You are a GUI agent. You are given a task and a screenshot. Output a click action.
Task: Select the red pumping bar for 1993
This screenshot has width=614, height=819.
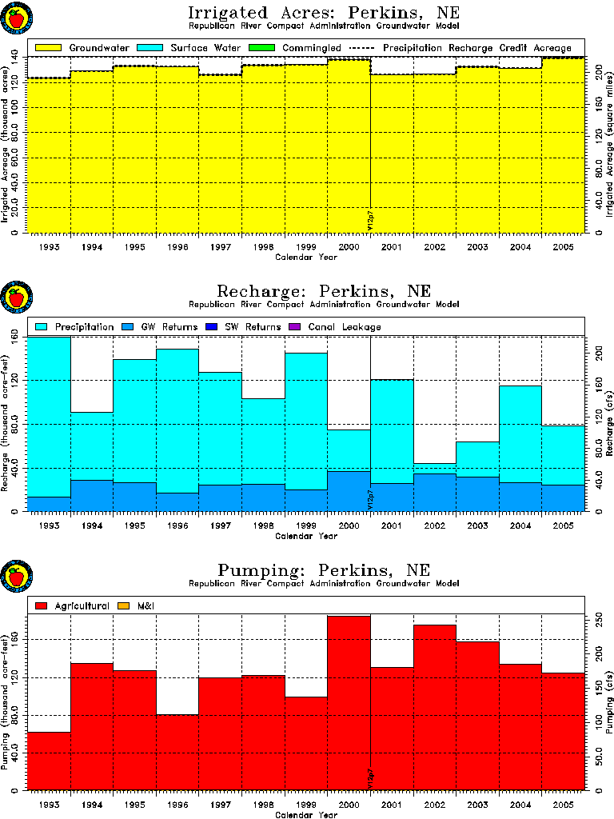coord(49,760)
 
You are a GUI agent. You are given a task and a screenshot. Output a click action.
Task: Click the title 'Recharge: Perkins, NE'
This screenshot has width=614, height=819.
coord(323,290)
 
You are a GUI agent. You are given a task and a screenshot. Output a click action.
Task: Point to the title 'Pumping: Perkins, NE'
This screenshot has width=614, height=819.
coord(323,570)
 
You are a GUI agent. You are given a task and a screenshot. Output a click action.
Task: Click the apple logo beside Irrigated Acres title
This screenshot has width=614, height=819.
coord(16,18)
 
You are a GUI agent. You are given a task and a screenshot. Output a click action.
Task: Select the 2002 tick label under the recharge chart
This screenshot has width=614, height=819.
coord(434,527)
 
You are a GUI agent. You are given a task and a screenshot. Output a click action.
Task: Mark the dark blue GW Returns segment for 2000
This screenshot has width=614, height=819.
coord(349,490)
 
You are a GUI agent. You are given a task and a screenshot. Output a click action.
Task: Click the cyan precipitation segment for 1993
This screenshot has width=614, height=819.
coord(49,416)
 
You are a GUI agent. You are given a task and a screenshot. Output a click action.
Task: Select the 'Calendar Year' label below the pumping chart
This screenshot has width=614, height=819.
coord(306,815)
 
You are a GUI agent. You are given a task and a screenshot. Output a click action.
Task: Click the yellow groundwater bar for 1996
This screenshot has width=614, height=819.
coord(177,152)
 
